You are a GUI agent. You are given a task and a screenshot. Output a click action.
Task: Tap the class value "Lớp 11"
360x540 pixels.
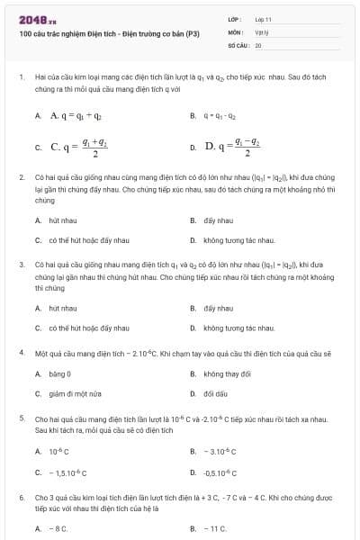(264, 18)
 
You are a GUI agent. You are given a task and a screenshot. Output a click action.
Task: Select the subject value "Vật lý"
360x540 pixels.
(261, 31)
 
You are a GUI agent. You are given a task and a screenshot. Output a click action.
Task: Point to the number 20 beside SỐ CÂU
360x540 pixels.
(258, 44)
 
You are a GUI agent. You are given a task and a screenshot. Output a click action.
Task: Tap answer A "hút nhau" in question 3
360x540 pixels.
(62, 308)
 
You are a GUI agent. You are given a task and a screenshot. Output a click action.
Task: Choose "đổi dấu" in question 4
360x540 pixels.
(216, 393)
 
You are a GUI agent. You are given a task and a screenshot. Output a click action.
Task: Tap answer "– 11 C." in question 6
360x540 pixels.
(215, 528)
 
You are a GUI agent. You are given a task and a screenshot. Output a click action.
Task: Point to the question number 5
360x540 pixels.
(21, 418)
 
